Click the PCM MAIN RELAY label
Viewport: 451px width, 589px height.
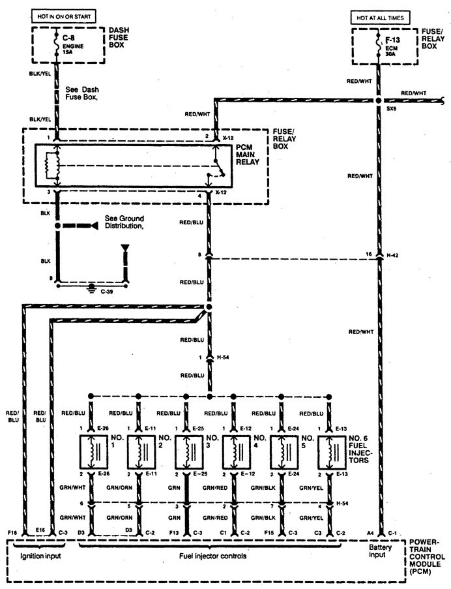coord(249,157)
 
